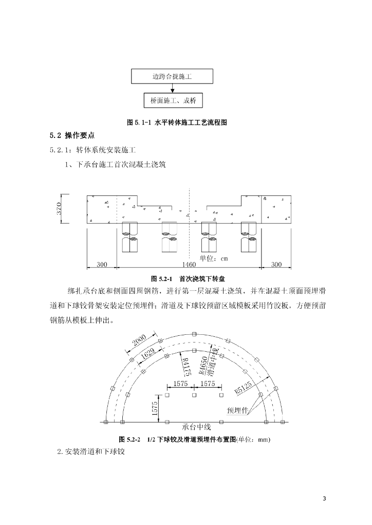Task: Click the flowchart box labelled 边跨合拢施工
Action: (x=172, y=76)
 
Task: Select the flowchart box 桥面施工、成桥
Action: (x=172, y=100)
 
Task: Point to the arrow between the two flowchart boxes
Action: (x=172, y=89)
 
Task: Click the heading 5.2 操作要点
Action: (x=72, y=135)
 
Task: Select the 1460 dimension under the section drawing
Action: (x=189, y=265)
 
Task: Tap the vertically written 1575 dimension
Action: (x=154, y=408)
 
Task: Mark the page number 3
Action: (x=324, y=499)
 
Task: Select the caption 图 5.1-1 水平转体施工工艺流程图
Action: (x=177, y=123)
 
